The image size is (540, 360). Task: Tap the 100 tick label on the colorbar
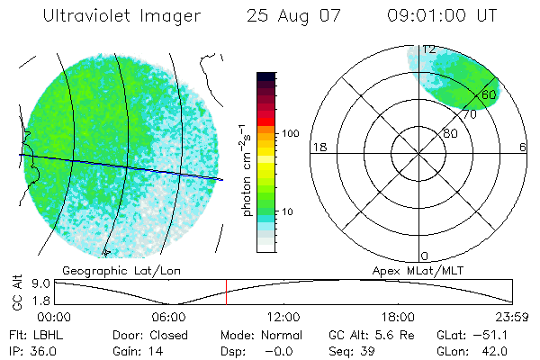[x=290, y=133]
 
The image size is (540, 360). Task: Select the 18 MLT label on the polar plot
[x=318, y=147]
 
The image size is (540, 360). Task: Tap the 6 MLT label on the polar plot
[x=522, y=147]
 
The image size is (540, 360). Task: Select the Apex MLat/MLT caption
[x=414, y=270]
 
